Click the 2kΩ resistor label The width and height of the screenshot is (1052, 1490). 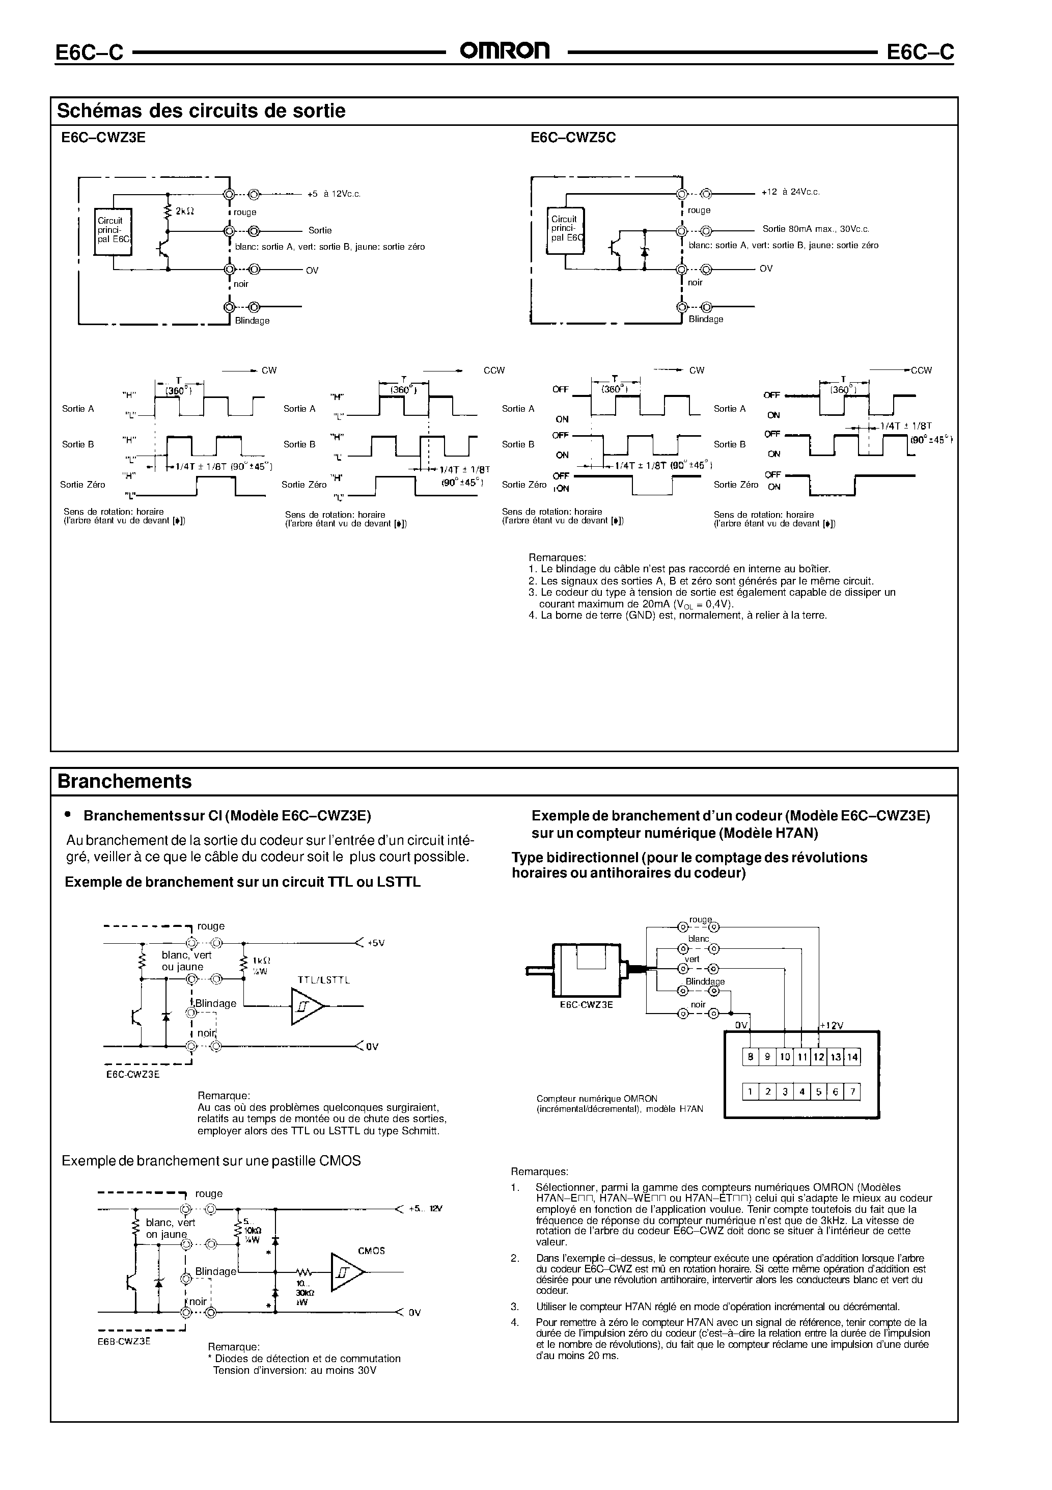(x=184, y=211)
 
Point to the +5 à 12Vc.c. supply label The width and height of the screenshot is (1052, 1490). (x=334, y=194)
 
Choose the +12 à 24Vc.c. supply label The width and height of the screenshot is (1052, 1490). (x=792, y=192)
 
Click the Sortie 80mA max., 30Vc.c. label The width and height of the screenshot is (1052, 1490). (x=816, y=229)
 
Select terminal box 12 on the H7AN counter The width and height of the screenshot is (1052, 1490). (x=818, y=1057)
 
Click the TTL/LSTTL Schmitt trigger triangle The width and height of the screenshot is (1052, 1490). (x=306, y=1006)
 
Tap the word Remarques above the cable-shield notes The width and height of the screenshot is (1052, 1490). (x=557, y=557)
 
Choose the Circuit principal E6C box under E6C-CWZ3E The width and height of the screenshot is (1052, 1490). (x=114, y=230)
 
